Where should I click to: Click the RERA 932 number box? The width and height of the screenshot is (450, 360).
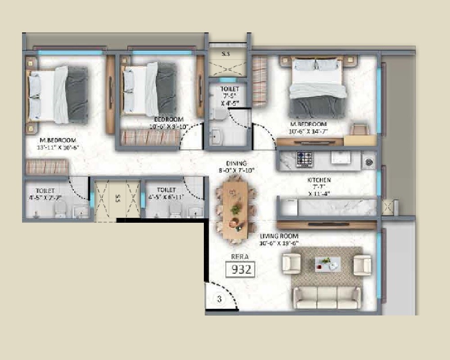click(x=241, y=270)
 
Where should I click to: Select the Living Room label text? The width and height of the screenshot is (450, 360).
click(x=279, y=236)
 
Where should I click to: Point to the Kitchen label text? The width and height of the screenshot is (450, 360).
click(x=319, y=180)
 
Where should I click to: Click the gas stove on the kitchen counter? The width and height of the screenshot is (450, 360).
click(x=304, y=158)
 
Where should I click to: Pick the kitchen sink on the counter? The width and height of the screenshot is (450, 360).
click(x=340, y=157)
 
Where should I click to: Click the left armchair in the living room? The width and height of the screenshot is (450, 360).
click(x=291, y=264)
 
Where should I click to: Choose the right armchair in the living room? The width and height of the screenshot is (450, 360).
click(x=362, y=264)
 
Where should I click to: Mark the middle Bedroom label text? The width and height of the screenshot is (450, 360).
click(x=169, y=119)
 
